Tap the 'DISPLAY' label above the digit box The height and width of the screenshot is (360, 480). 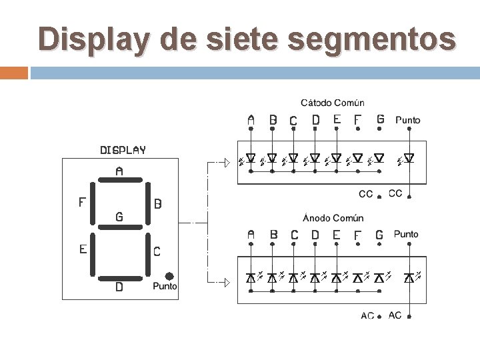[123, 150]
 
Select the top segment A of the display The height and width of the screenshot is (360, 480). [119, 181]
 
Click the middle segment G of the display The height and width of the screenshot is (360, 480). [119, 227]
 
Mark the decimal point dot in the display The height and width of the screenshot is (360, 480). [169, 275]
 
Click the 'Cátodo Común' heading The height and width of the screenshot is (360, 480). [333, 103]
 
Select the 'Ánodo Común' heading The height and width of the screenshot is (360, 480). [333, 218]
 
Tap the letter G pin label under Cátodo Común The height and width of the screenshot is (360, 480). [380, 119]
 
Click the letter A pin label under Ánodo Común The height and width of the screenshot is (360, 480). [251, 235]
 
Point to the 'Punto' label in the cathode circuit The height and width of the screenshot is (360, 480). [408, 120]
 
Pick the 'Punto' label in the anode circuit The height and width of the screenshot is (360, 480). [407, 235]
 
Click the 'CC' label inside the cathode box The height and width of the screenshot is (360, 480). [366, 195]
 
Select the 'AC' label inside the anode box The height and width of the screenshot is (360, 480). [367, 316]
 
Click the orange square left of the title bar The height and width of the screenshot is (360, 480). [14, 73]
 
